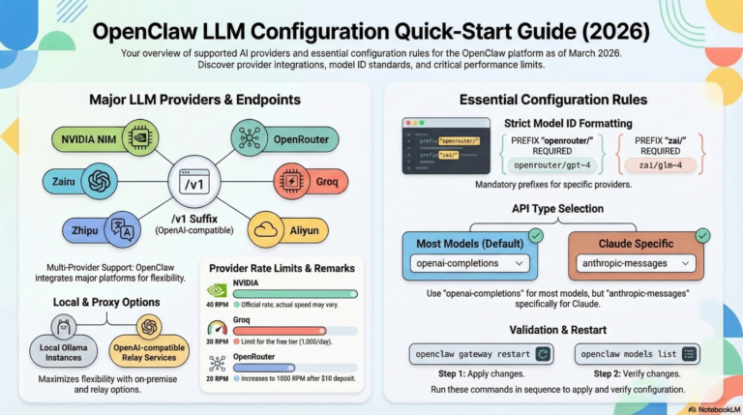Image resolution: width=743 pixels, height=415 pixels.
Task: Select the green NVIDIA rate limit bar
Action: (x=295, y=293)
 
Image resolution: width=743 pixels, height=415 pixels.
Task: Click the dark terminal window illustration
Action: (x=445, y=146)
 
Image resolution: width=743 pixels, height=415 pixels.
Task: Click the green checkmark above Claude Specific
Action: (x=703, y=234)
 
